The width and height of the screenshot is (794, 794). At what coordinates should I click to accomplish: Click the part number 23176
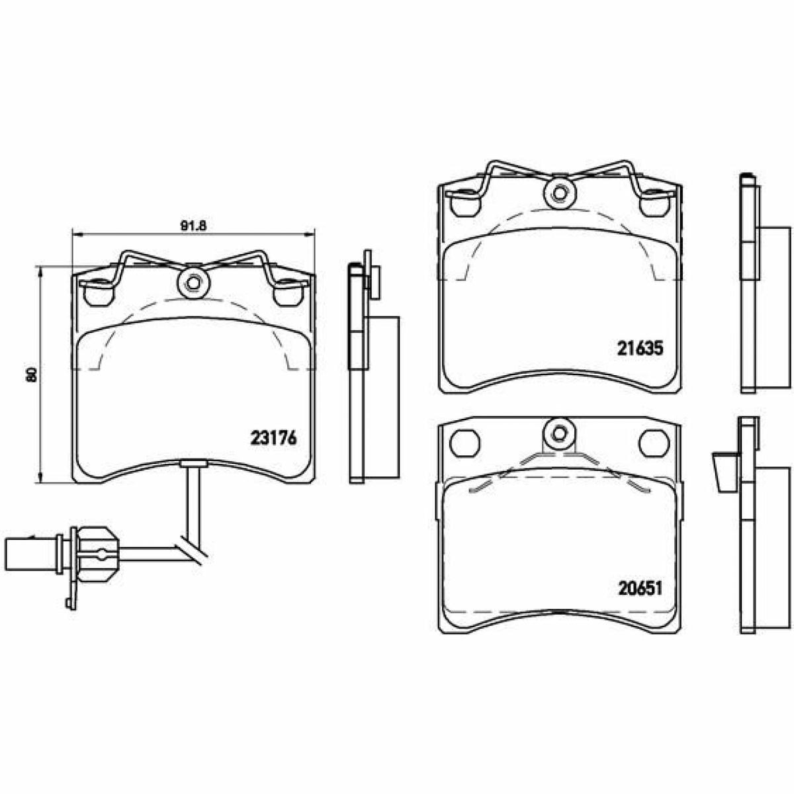click(273, 438)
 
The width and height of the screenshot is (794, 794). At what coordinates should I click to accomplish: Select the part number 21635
click(640, 349)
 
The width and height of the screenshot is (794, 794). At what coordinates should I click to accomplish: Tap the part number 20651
click(640, 588)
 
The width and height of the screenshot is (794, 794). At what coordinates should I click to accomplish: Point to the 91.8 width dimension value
click(193, 225)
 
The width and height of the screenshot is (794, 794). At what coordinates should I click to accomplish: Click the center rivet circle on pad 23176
click(193, 283)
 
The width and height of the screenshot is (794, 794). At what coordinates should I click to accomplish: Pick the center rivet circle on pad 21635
click(560, 193)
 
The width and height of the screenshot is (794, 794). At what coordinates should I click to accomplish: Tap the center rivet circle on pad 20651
click(560, 433)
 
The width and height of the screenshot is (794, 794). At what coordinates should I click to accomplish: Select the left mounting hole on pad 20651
click(466, 443)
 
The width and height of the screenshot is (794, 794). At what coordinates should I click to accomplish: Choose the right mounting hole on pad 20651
click(654, 443)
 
